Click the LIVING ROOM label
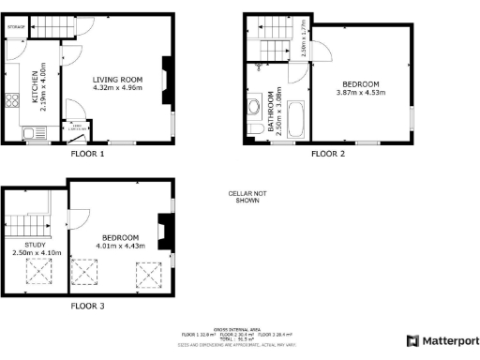click(x=116, y=79)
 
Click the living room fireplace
click(x=166, y=80)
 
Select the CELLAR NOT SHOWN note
click(x=244, y=197)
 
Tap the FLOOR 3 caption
click(x=88, y=306)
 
